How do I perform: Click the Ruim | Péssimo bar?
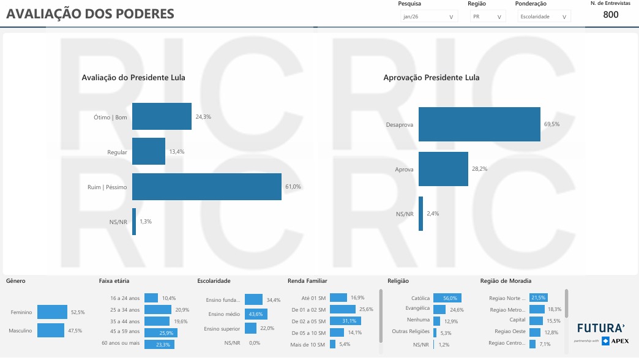[x=207, y=187]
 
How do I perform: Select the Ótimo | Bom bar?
[x=162, y=116]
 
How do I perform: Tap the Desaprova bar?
[x=479, y=124]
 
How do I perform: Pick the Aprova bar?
[x=443, y=169]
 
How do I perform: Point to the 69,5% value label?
[x=551, y=124]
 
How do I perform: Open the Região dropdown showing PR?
[x=487, y=17]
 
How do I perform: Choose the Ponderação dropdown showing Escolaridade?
[x=544, y=17]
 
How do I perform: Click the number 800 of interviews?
[x=610, y=15]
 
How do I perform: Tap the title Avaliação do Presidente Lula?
[x=133, y=78]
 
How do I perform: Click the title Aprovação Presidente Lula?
[x=431, y=78]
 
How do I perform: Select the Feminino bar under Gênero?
[x=52, y=312]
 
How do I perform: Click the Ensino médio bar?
[x=255, y=314]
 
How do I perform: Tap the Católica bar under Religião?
[x=447, y=298]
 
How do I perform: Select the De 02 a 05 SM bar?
[x=345, y=321]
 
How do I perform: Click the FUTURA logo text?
[x=600, y=328]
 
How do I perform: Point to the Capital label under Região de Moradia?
[x=517, y=320]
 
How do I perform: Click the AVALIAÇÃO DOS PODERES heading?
[x=90, y=13]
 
